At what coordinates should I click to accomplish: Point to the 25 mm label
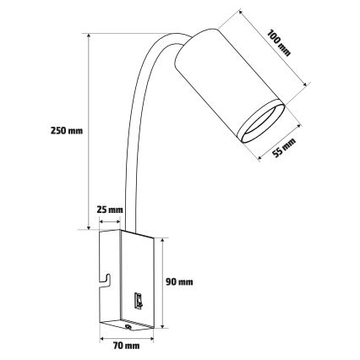click(111, 209)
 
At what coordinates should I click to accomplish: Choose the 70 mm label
click(126, 346)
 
